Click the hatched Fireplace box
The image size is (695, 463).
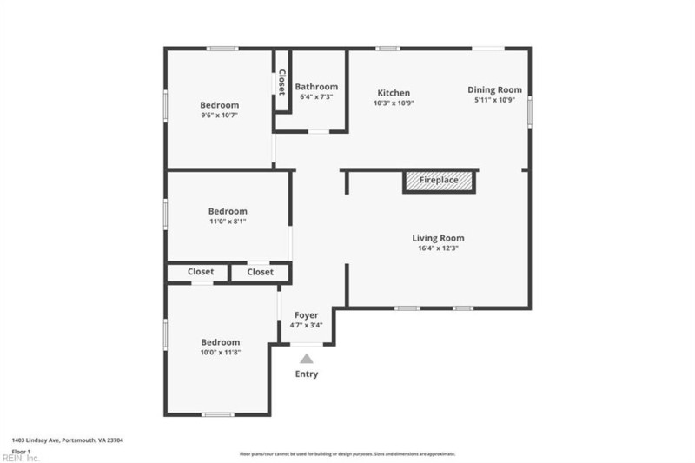coord(438,181)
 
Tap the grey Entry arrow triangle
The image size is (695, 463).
coord(307,358)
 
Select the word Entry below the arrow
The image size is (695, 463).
coord(307,374)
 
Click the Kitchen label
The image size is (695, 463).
coord(394,93)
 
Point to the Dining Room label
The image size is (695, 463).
coord(494,89)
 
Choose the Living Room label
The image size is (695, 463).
coord(438,238)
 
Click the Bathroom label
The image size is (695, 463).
coord(316,87)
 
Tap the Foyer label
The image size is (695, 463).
coord(306,315)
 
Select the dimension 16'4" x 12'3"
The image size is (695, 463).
coord(438,248)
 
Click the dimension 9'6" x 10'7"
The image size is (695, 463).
coord(219,115)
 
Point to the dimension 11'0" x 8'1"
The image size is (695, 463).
coord(228,222)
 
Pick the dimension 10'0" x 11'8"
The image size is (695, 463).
coord(221,353)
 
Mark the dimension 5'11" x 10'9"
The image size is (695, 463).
coord(494,100)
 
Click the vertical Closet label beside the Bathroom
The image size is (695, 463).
coord(281,82)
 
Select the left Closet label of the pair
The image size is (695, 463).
coord(201,272)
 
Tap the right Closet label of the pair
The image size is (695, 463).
coord(260,272)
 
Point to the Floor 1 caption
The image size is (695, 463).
coord(22,452)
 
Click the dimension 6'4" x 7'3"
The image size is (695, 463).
coord(316,97)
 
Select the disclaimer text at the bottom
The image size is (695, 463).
coord(347,453)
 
